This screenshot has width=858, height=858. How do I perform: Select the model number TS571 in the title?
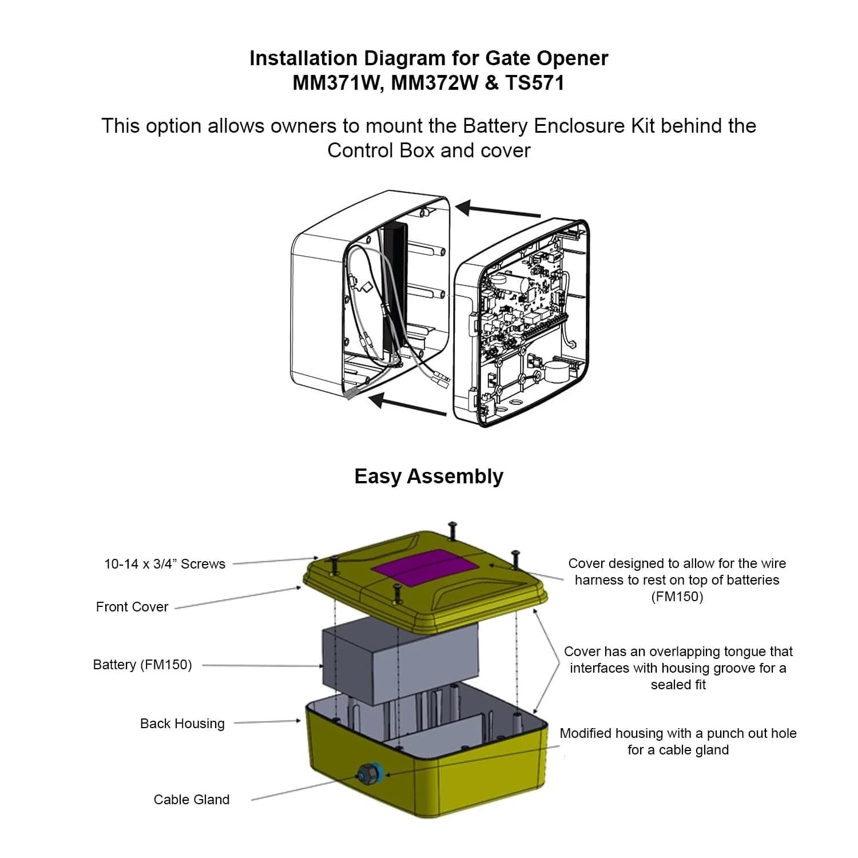point(534,83)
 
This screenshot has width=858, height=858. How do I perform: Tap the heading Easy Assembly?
point(428,476)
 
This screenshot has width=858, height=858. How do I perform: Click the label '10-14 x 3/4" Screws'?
point(165,564)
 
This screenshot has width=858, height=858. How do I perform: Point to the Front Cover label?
point(132,607)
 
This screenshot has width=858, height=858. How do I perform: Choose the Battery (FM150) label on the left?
point(142,665)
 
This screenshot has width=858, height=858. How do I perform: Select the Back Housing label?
point(182,724)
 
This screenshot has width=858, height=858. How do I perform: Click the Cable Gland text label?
point(192,800)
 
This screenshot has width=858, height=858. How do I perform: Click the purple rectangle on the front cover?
point(426,567)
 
